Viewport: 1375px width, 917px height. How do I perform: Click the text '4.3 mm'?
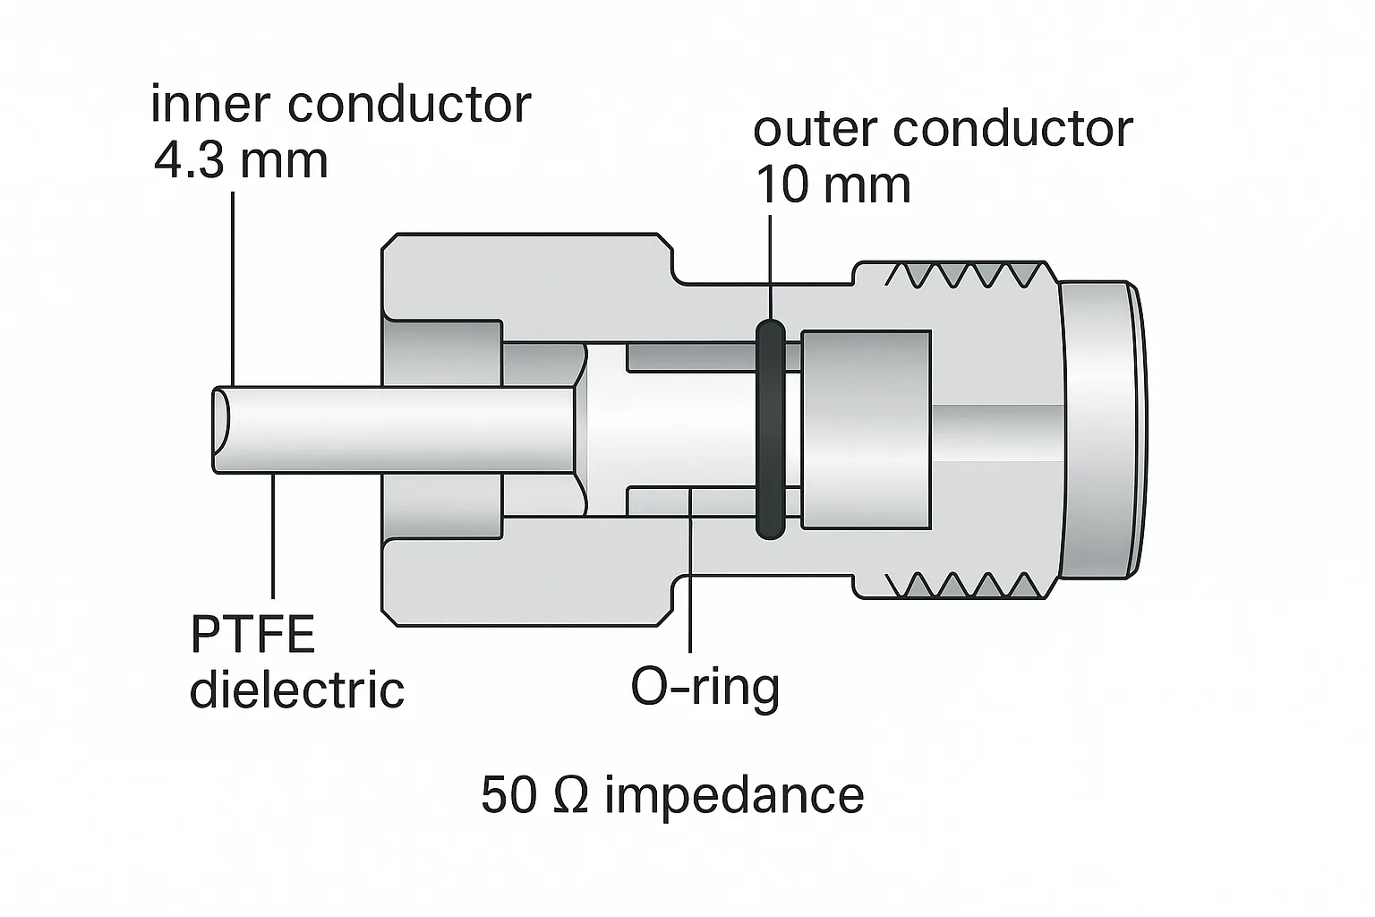click(x=240, y=161)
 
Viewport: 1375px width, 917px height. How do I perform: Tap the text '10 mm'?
click(x=833, y=185)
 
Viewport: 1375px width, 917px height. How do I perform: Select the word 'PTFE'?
click(x=253, y=634)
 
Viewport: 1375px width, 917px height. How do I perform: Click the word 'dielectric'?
click(x=296, y=690)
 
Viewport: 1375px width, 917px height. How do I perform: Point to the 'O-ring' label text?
click(x=705, y=688)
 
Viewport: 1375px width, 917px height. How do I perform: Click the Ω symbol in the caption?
click(x=571, y=795)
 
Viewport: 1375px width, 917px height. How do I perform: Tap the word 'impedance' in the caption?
click(x=734, y=796)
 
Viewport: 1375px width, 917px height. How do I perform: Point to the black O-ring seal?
click(x=770, y=430)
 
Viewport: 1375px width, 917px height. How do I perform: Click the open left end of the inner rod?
click(x=222, y=429)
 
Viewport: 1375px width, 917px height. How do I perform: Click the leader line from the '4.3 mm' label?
click(x=234, y=287)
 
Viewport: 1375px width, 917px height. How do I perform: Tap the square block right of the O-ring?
click(x=866, y=429)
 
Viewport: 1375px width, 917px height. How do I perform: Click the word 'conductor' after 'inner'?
click(x=409, y=105)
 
